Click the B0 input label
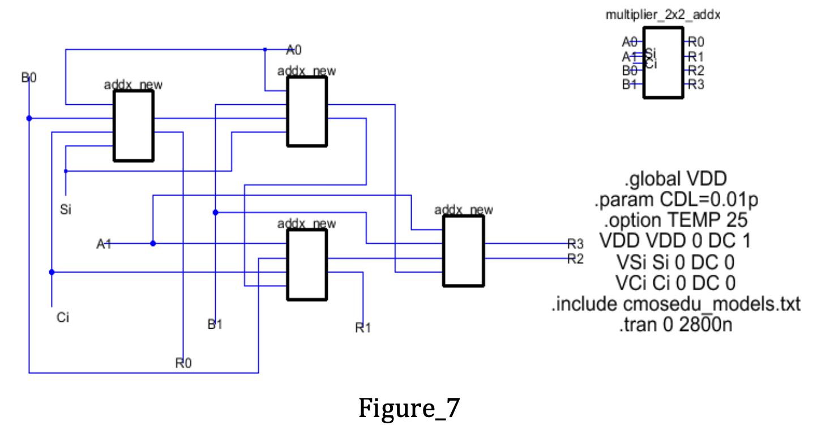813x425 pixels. click(x=29, y=78)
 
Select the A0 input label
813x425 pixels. click(x=294, y=50)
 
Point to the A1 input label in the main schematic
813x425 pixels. click(x=104, y=244)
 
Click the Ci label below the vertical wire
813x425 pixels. click(x=63, y=317)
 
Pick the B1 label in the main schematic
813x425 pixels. click(x=215, y=324)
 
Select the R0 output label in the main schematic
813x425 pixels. click(x=183, y=363)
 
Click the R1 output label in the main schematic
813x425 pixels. click(x=363, y=328)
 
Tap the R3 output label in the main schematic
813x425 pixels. click(x=575, y=244)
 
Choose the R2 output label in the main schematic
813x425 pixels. click(x=575, y=260)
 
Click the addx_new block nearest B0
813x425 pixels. click(x=134, y=125)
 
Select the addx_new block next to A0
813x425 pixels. click(x=307, y=112)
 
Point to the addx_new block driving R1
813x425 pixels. click(x=307, y=265)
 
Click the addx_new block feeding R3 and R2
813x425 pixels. click(x=464, y=251)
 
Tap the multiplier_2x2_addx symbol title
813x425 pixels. click(x=663, y=16)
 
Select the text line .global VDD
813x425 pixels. click(x=674, y=180)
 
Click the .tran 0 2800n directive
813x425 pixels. click(x=674, y=326)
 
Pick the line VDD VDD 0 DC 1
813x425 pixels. click(x=674, y=241)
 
